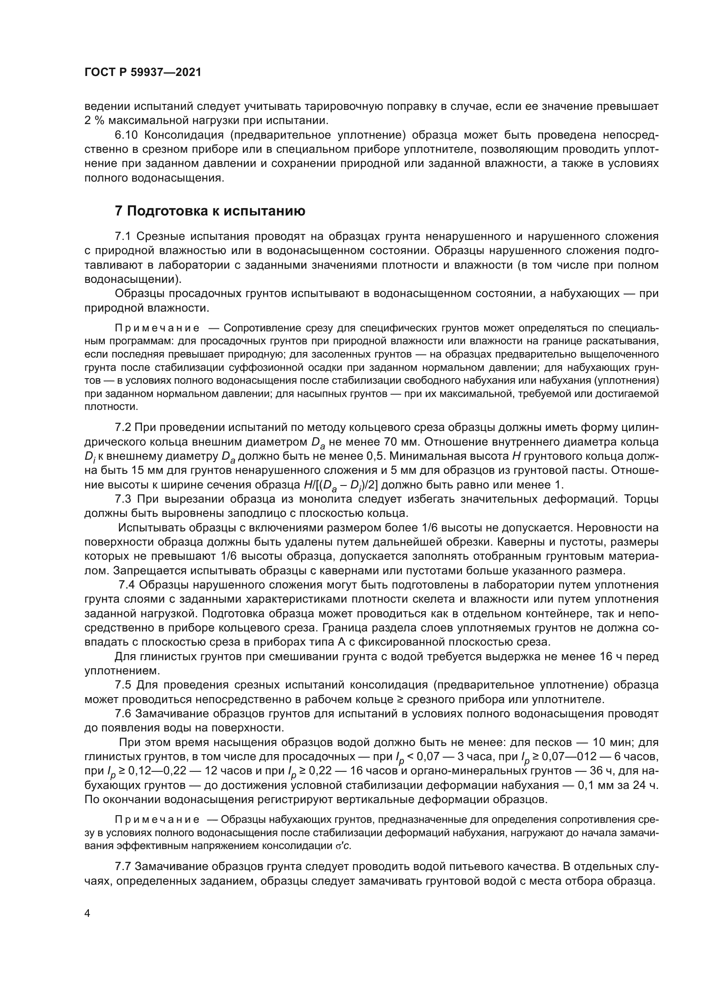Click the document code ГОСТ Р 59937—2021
pyautogui.click(x=143, y=73)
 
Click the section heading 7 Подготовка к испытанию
pyautogui.click(x=210, y=211)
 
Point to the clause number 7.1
pyautogui.click(x=123, y=237)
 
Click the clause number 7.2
pyautogui.click(x=123, y=427)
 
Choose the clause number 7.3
pyautogui.click(x=123, y=499)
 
